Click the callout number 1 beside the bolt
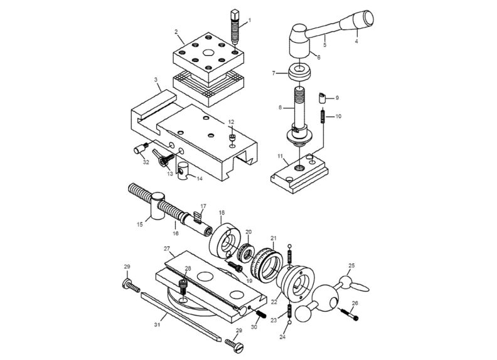tap(248, 20)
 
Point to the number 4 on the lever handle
tap(356, 41)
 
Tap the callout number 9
tap(336, 98)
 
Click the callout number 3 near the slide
tap(155, 80)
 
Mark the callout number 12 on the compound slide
tap(231, 121)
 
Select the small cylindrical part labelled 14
tap(184, 170)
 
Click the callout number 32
tap(146, 162)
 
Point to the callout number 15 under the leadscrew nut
tap(139, 223)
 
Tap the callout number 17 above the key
tap(203, 206)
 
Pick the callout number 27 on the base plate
tap(167, 249)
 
